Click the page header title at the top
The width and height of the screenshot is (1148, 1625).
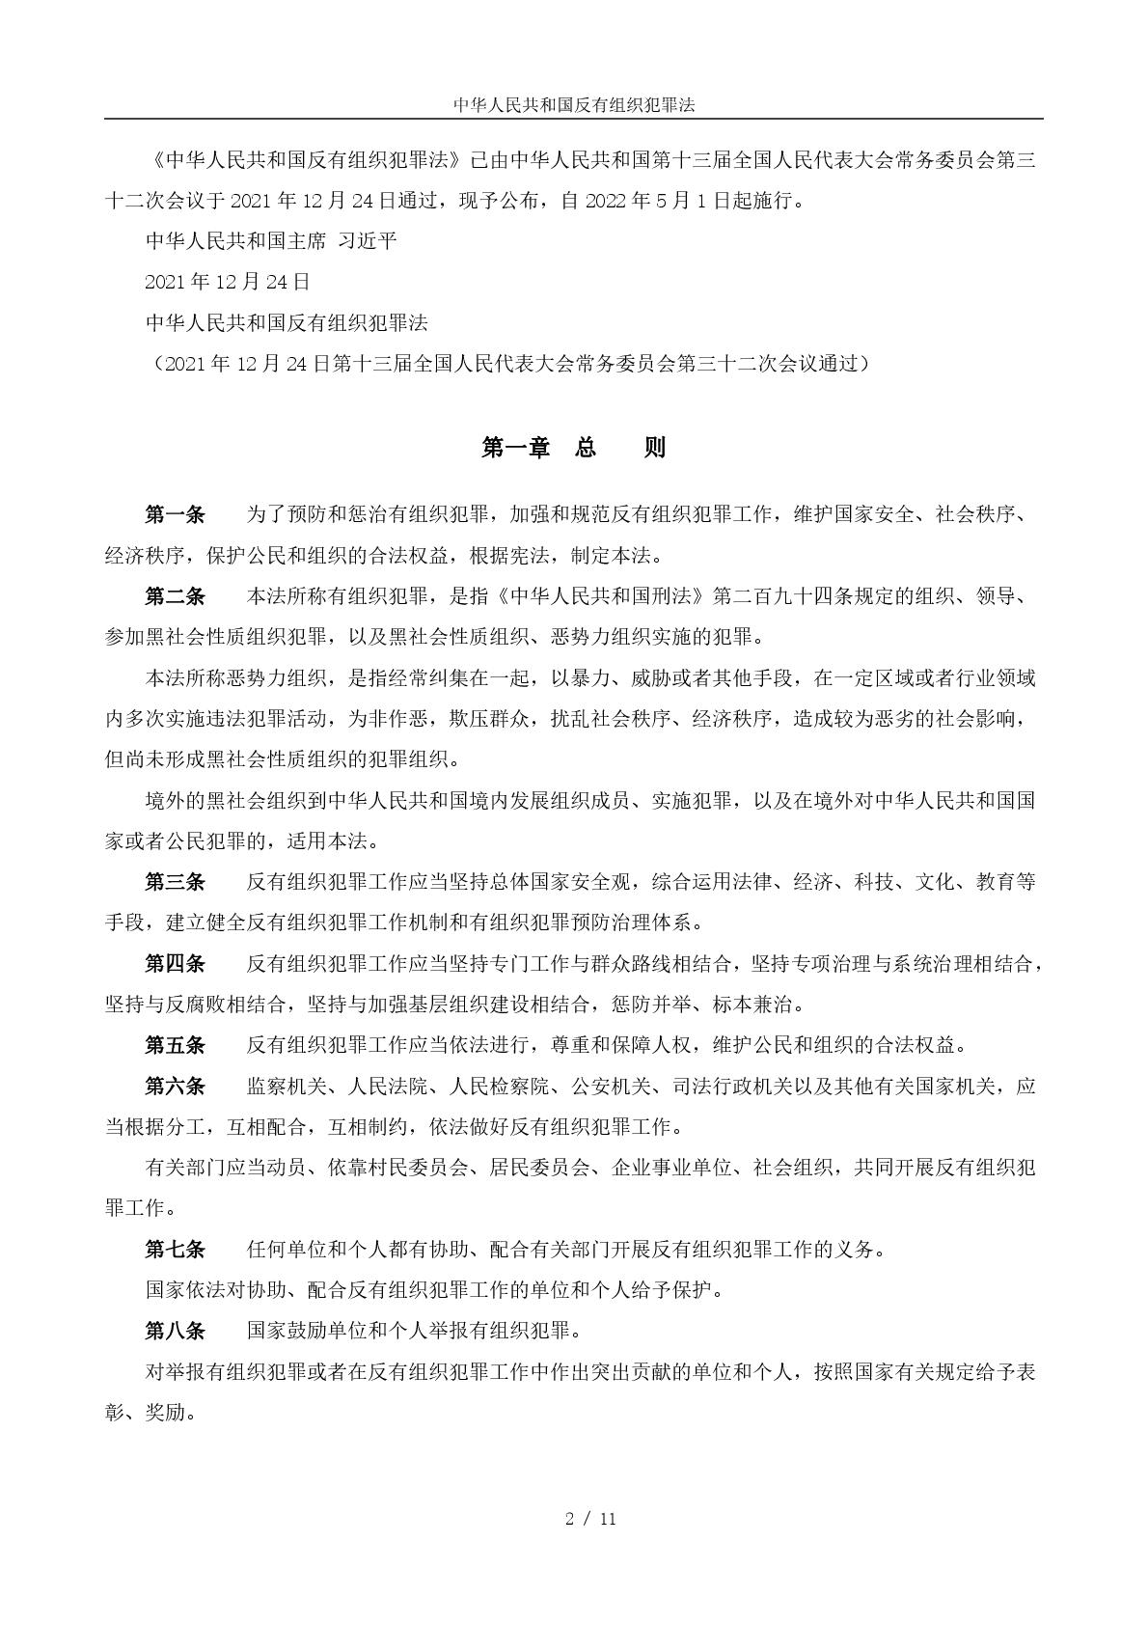[574, 104]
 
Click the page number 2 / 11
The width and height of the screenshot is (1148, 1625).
[590, 1519]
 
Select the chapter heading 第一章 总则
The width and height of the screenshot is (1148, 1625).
[574, 448]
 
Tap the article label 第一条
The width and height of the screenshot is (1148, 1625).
[175, 514]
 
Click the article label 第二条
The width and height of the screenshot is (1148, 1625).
[175, 596]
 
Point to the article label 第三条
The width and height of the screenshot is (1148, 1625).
[175, 881]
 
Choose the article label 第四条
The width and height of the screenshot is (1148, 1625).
[175, 963]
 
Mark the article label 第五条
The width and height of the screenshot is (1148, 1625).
[175, 1044]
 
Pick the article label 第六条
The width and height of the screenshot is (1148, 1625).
[175, 1086]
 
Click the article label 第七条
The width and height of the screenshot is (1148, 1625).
[175, 1249]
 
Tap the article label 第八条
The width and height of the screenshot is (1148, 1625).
[175, 1331]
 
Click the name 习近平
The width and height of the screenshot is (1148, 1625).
[368, 240]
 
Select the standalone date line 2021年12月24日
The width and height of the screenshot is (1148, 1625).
[228, 282]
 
